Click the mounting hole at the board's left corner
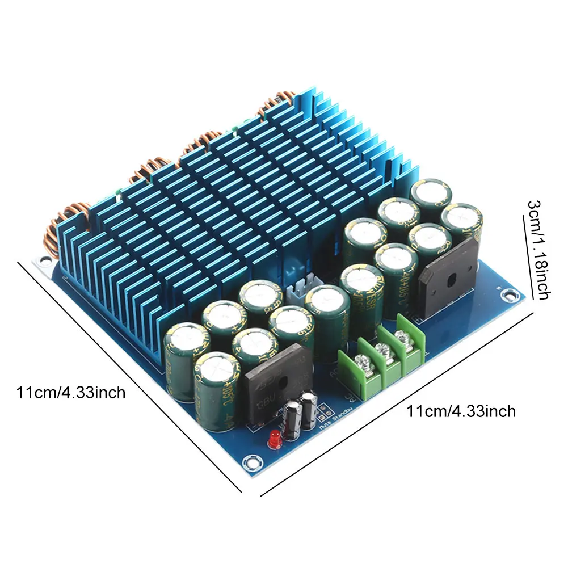pyautogui.click(x=41, y=260)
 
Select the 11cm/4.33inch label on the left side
pyautogui.click(x=71, y=392)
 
